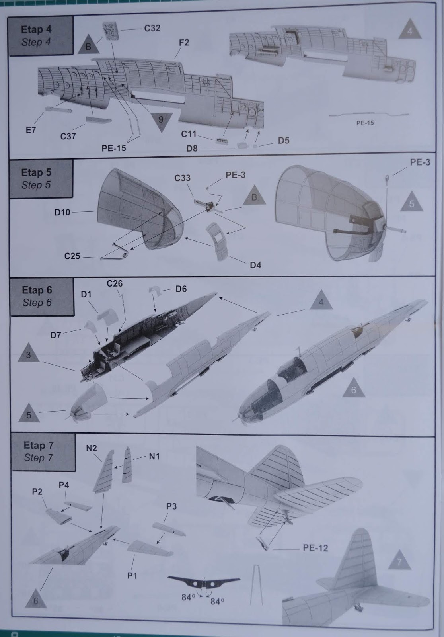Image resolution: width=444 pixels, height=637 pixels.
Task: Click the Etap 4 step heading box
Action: (x=41, y=36)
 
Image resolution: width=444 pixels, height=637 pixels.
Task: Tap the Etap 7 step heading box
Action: (x=43, y=452)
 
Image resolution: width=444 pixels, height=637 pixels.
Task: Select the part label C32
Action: (x=152, y=28)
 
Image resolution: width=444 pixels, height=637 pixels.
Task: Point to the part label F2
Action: (x=184, y=43)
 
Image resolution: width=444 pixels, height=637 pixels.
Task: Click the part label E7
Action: (x=31, y=130)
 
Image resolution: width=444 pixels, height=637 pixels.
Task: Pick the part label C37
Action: (x=68, y=137)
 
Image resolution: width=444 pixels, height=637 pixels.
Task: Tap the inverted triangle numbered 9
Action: (x=161, y=120)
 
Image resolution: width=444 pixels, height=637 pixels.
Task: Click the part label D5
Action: (x=284, y=141)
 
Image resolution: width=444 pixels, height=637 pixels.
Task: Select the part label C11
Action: (x=189, y=134)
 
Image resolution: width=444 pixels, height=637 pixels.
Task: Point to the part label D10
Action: (x=62, y=213)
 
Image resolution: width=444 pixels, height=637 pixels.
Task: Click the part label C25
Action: (x=72, y=256)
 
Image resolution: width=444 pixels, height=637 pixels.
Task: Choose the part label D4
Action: (x=255, y=265)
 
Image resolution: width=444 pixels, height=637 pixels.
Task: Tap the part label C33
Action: (x=182, y=178)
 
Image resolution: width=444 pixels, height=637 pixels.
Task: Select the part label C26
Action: (x=115, y=283)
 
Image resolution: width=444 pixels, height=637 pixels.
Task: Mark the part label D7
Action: (x=56, y=335)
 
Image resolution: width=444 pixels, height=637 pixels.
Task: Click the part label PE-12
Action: (x=315, y=548)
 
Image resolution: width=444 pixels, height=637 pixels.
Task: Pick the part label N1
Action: (x=154, y=457)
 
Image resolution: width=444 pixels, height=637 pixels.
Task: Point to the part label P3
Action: (x=171, y=506)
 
